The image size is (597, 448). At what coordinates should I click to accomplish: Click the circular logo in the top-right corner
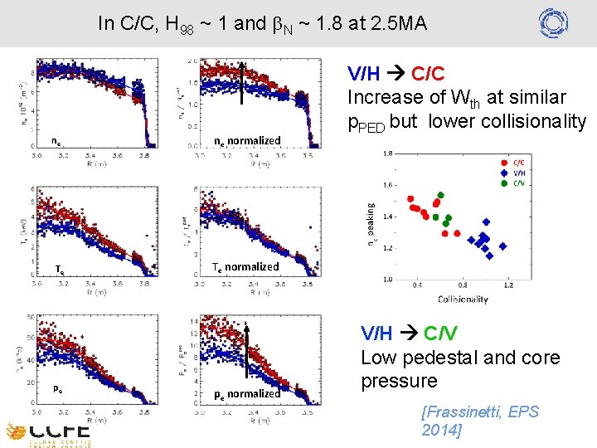click(x=552, y=22)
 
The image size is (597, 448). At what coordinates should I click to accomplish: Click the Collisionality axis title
click(x=463, y=299)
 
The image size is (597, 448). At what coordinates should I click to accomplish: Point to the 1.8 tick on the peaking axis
click(x=387, y=153)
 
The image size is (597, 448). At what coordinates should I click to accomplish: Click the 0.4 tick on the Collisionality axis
click(x=416, y=285)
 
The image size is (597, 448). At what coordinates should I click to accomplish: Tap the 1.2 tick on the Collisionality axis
click(x=508, y=285)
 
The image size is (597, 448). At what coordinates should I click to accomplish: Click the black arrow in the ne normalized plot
click(x=240, y=83)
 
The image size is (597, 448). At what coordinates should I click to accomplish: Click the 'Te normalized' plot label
click(x=245, y=266)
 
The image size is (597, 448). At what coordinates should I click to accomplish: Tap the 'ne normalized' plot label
click(x=248, y=140)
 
